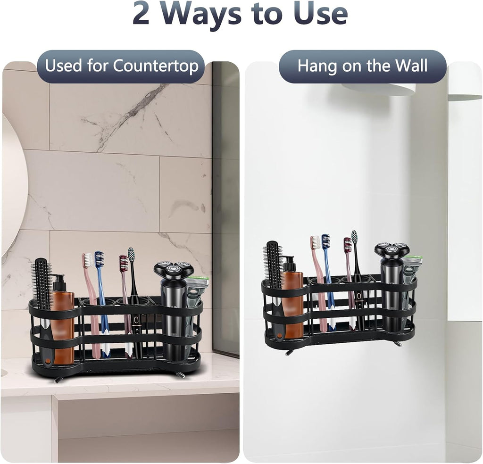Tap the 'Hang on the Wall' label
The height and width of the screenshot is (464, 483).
pyautogui.click(x=362, y=66)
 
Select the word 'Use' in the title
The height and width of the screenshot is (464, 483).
pyautogui.click(x=320, y=15)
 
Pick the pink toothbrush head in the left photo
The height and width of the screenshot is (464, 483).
pyautogui.click(x=88, y=260)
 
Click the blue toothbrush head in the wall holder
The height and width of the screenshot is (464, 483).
pyautogui.click(x=325, y=241)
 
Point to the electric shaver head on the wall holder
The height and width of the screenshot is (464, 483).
pyautogui.click(x=391, y=250)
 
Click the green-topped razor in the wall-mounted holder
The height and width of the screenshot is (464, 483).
pyautogui.click(x=413, y=261)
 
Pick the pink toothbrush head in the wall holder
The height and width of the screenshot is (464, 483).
pyautogui.click(x=315, y=242)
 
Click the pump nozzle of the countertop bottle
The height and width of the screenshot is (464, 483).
pyautogui.click(x=58, y=279)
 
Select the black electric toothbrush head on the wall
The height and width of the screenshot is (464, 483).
pyautogui.click(x=354, y=237)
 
